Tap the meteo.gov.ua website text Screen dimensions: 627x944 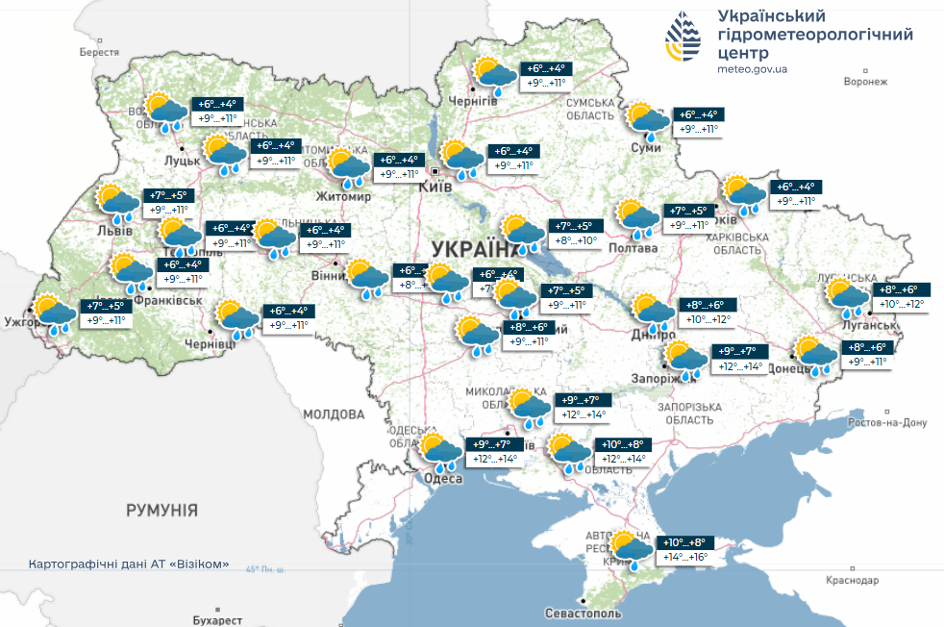tap(753, 69)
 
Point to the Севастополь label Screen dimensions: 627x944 tap(583, 613)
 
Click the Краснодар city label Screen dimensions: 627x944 tap(851, 580)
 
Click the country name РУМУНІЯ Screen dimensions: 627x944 tap(161, 510)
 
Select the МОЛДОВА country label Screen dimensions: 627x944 tap(334, 414)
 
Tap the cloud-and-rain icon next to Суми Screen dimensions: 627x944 tap(649, 120)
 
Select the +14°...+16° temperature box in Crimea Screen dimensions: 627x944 tap(684, 557)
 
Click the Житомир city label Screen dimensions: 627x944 tap(343, 197)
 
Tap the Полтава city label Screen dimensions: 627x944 tap(632, 248)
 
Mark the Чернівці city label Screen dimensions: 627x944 tap(209, 343)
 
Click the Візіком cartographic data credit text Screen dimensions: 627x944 tap(129, 564)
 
